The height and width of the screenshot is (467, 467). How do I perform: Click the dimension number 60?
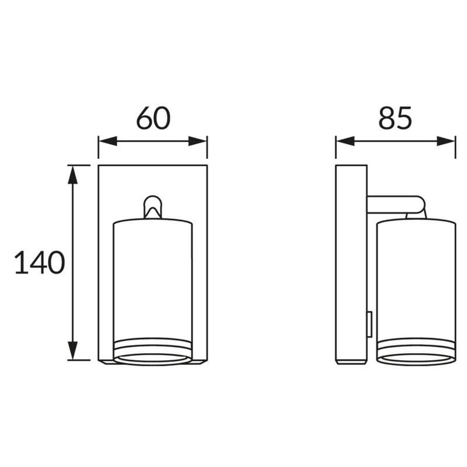click(x=154, y=118)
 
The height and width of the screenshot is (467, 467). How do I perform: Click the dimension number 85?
click(x=395, y=118)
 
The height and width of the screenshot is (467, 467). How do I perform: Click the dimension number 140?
click(x=39, y=262)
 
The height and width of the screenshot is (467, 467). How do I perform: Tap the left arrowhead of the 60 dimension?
click(x=108, y=141)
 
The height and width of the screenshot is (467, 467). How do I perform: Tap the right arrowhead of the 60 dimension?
click(x=198, y=141)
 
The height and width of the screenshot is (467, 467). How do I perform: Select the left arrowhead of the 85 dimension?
click(x=345, y=141)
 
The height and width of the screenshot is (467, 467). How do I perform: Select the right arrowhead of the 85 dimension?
click(x=446, y=141)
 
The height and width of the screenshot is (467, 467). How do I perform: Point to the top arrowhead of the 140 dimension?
click(x=72, y=175)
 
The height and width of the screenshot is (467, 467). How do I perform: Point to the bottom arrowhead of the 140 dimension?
click(x=72, y=350)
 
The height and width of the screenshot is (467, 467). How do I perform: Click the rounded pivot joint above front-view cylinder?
click(x=153, y=200)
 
